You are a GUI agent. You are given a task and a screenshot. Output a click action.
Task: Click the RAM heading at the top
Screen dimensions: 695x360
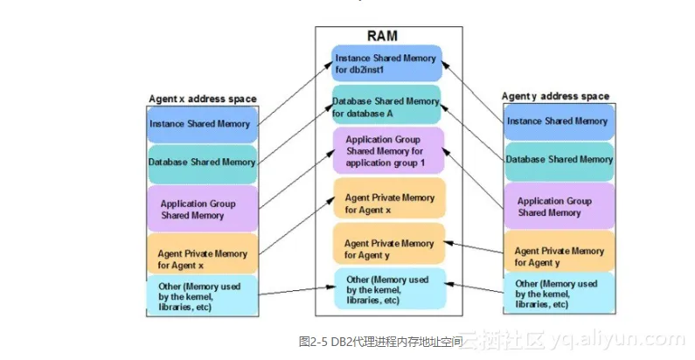click(x=382, y=36)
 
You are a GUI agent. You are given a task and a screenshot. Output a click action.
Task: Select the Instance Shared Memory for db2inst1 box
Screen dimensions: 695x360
click(x=386, y=63)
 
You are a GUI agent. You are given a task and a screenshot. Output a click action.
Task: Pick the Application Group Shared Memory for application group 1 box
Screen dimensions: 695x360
click(x=388, y=150)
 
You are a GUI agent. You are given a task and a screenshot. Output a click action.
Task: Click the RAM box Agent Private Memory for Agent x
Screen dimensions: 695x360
click(x=389, y=198)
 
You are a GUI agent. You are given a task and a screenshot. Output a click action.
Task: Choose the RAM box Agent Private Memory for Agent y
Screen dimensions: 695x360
click(x=389, y=244)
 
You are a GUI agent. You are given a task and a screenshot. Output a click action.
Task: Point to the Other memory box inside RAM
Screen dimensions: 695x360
click(x=390, y=288)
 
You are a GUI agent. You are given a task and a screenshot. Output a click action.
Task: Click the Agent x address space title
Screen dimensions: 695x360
click(x=203, y=99)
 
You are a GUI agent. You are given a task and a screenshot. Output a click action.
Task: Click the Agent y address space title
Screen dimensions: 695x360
click(x=555, y=96)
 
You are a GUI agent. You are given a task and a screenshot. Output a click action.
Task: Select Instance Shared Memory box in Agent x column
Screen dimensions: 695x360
click(x=202, y=125)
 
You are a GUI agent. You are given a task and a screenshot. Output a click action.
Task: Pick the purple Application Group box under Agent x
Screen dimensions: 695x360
click(x=202, y=209)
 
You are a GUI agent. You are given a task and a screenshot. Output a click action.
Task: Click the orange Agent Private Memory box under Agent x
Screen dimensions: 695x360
click(x=202, y=253)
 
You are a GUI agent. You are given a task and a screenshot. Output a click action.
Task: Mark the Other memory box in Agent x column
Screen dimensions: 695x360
click(x=202, y=295)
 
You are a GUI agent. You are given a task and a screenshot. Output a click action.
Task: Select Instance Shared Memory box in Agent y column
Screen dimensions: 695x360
click(x=559, y=122)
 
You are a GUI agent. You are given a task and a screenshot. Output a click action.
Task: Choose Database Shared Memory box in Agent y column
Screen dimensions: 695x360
click(x=559, y=161)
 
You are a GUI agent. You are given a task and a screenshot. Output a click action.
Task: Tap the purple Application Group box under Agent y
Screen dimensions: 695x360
click(x=559, y=206)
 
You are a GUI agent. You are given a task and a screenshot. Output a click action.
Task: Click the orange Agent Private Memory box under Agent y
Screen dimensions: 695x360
click(x=559, y=251)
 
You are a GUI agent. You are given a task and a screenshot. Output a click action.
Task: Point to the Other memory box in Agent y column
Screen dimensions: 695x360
click(x=559, y=293)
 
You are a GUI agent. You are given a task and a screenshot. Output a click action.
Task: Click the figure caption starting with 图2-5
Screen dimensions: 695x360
click(x=381, y=342)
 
